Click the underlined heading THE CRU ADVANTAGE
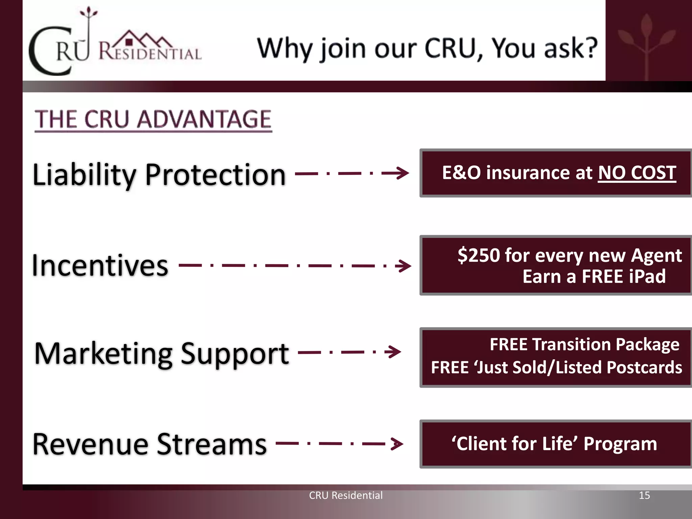153,119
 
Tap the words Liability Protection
159,175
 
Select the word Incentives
100,266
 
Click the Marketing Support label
162,353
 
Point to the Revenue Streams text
150,444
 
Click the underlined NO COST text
637,173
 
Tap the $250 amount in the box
478,255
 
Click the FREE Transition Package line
584,345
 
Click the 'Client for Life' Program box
554,444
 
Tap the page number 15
644,495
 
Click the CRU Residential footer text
346,495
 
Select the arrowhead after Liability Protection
402,173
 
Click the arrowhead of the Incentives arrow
404,266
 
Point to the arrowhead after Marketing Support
394,352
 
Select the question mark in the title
590,48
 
